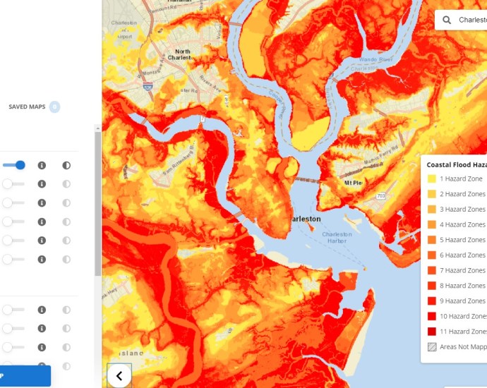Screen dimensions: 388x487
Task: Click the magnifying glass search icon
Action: (447, 20)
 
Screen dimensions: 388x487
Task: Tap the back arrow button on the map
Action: (119, 375)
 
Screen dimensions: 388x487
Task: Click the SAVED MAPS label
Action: (27, 107)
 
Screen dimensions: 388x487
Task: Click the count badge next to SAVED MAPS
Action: (54, 107)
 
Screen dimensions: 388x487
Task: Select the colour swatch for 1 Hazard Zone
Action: (431, 178)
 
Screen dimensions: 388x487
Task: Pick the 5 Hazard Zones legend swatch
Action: (431, 240)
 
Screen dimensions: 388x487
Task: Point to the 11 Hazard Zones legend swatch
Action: (431, 332)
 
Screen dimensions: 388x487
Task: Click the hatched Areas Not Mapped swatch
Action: (431, 346)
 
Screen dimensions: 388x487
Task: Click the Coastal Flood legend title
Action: (456, 164)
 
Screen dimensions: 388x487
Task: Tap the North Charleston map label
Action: (183, 55)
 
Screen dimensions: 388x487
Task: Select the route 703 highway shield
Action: (380, 195)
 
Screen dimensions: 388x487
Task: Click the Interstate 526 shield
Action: (147, 86)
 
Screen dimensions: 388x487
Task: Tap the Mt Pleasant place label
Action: (352, 183)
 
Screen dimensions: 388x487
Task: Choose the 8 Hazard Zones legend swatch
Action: (431, 286)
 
